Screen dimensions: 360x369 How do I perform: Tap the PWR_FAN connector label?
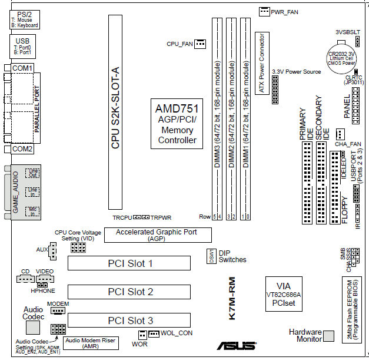click(x=284, y=12)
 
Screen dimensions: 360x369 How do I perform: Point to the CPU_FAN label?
click(x=179, y=44)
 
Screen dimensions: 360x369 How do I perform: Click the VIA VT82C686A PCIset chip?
click(x=284, y=292)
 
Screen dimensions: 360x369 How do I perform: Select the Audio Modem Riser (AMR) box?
click(x=91, y=343)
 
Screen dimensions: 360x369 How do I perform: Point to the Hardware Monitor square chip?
click(x=329, y=335)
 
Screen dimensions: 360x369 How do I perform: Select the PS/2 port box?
click(x=25, y=19)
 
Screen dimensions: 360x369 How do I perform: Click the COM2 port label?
click(x=22, y=149)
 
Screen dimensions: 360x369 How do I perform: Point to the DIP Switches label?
click(x=232, y=256)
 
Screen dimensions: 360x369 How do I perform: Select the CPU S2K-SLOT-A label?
click(x=116, y=107)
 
